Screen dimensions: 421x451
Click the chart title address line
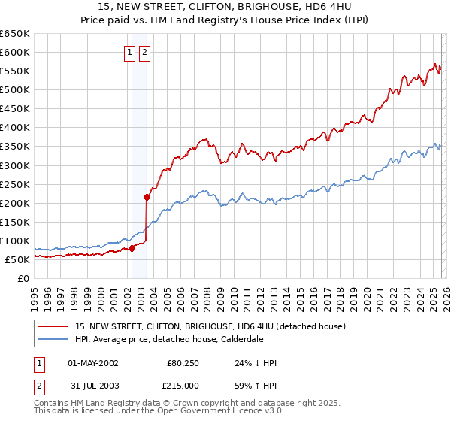tap(225, 9)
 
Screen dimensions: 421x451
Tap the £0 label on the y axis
tap(23, 279)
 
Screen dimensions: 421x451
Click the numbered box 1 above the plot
tap(131, 53)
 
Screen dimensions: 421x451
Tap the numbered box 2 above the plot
tap(144, 53)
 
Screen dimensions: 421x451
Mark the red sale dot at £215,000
tap(147, 197)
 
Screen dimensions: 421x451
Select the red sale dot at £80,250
tap(132, 247)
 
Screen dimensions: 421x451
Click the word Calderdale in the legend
tap(242, 339)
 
